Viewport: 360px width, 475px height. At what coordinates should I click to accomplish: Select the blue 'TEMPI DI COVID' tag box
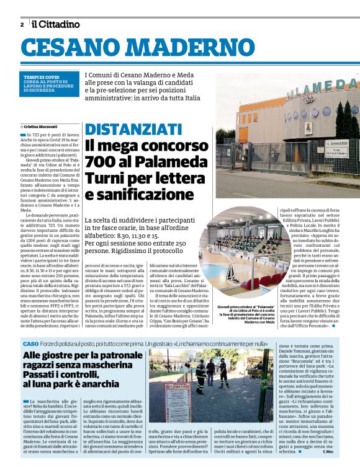(x=50, y=84)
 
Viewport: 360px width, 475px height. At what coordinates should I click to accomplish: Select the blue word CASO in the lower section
(x=30, y=344)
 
